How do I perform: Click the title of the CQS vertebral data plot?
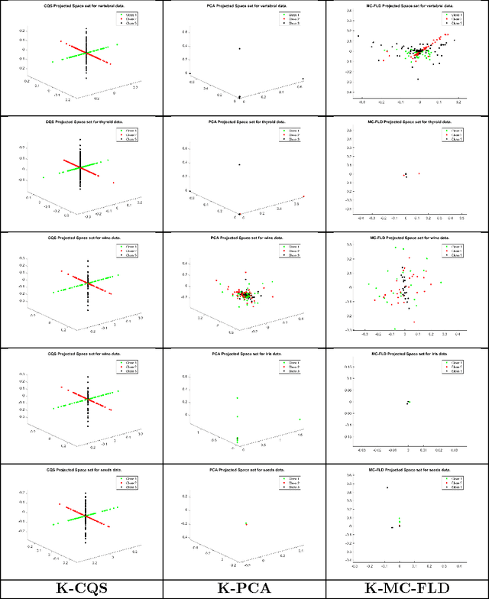[81, 7]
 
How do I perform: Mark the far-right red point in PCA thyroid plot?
[304, 196]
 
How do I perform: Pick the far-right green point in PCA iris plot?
[300, 419]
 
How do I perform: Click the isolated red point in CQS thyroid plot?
[114, 183]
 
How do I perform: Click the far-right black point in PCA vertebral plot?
[303, 79]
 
